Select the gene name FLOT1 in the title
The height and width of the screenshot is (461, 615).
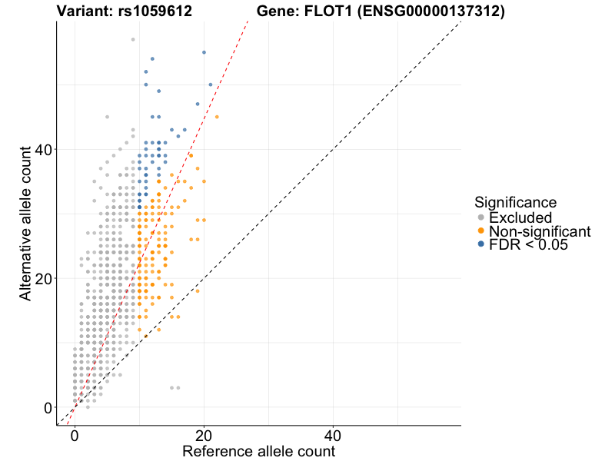pyautogui.click(x=335, y=12)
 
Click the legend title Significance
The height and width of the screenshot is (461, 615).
pyautogui.click(x=515, y=203)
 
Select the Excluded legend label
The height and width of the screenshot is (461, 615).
pyautogui.click(x=520, y=217)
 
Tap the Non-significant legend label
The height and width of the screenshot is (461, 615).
pyautogui.click(x=540, y=231)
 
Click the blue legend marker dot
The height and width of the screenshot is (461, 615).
pyautogui.click(x=481, y=245)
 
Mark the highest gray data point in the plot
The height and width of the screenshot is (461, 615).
pyautogui.click(x=133, y=39)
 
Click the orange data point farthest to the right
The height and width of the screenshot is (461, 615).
pyautogui.click(x=217, y=117)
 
